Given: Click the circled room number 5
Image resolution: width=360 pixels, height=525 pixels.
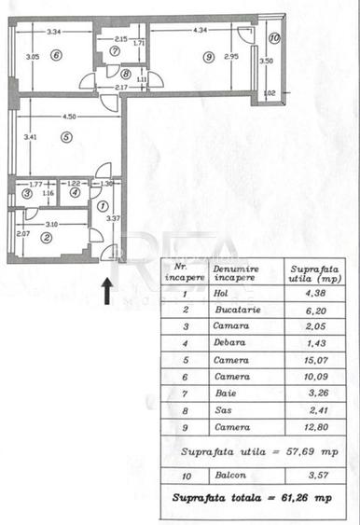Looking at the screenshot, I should pos(66,137).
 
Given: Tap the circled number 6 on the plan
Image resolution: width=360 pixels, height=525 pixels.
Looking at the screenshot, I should pos(56,55).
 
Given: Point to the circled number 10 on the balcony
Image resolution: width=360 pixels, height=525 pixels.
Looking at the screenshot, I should pos(273,39).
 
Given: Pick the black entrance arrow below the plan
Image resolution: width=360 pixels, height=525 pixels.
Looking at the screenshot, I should pos(107,291).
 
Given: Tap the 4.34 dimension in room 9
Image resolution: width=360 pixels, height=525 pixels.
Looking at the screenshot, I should pos(200,31).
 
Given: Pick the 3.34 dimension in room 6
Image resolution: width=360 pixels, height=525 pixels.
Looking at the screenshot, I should pos(54,31).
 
